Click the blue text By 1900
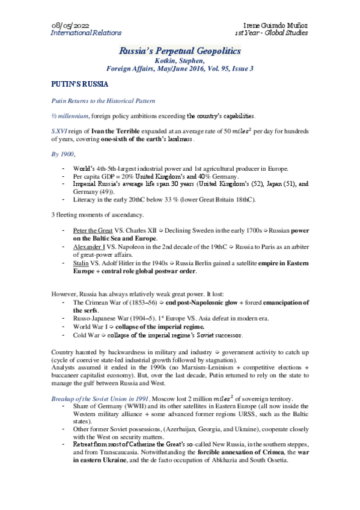tap(63, 154)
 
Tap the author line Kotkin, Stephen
tap(179, 60)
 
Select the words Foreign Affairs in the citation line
tap(130, 68)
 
